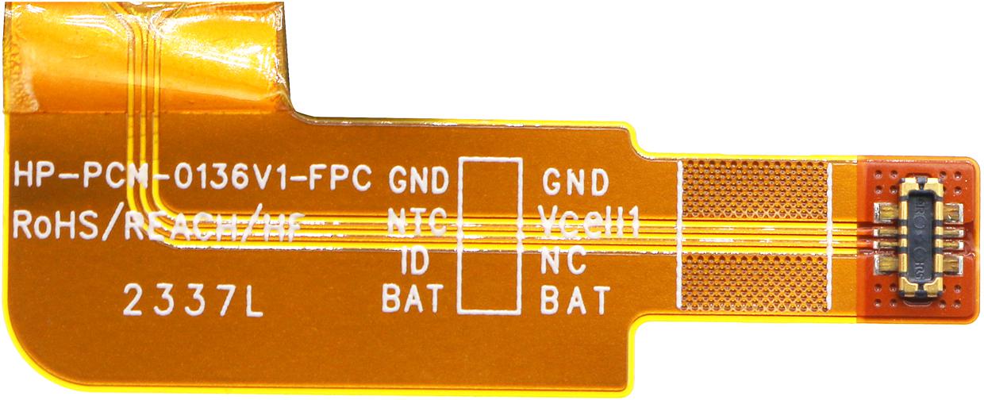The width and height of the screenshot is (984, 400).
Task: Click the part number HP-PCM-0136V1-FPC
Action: [192, 177]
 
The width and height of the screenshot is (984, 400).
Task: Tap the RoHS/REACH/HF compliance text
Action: [159, 225]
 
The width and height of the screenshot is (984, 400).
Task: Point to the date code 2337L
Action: [194, 301]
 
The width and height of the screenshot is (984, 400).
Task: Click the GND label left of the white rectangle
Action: [418, 180]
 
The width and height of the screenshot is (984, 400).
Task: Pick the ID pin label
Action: [415, 260]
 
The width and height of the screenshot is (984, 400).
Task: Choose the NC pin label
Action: [563, 260]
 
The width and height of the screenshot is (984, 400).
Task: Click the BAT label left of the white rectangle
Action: [413, 298]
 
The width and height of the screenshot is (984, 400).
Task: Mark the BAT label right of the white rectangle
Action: [575, 300]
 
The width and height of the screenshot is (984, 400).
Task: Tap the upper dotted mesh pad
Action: [755, 190]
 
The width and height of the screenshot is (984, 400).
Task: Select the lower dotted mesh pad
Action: [755, 283]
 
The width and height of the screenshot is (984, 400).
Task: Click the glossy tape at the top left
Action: [145, 57]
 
